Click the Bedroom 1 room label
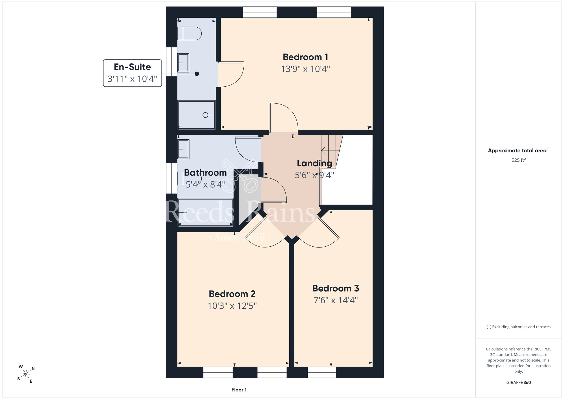305,57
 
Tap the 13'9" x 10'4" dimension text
305,69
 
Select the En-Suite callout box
132,73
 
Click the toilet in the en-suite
189,34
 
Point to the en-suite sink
183,63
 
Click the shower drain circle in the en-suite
205,115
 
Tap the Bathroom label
205,173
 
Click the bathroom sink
183,149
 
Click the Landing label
314,163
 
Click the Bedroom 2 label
232,294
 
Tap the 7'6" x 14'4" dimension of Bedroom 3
336,300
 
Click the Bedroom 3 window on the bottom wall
322,372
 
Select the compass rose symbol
26,374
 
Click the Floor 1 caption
239,390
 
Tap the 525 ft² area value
519,160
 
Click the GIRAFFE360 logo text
519,383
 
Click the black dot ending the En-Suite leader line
197,74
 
